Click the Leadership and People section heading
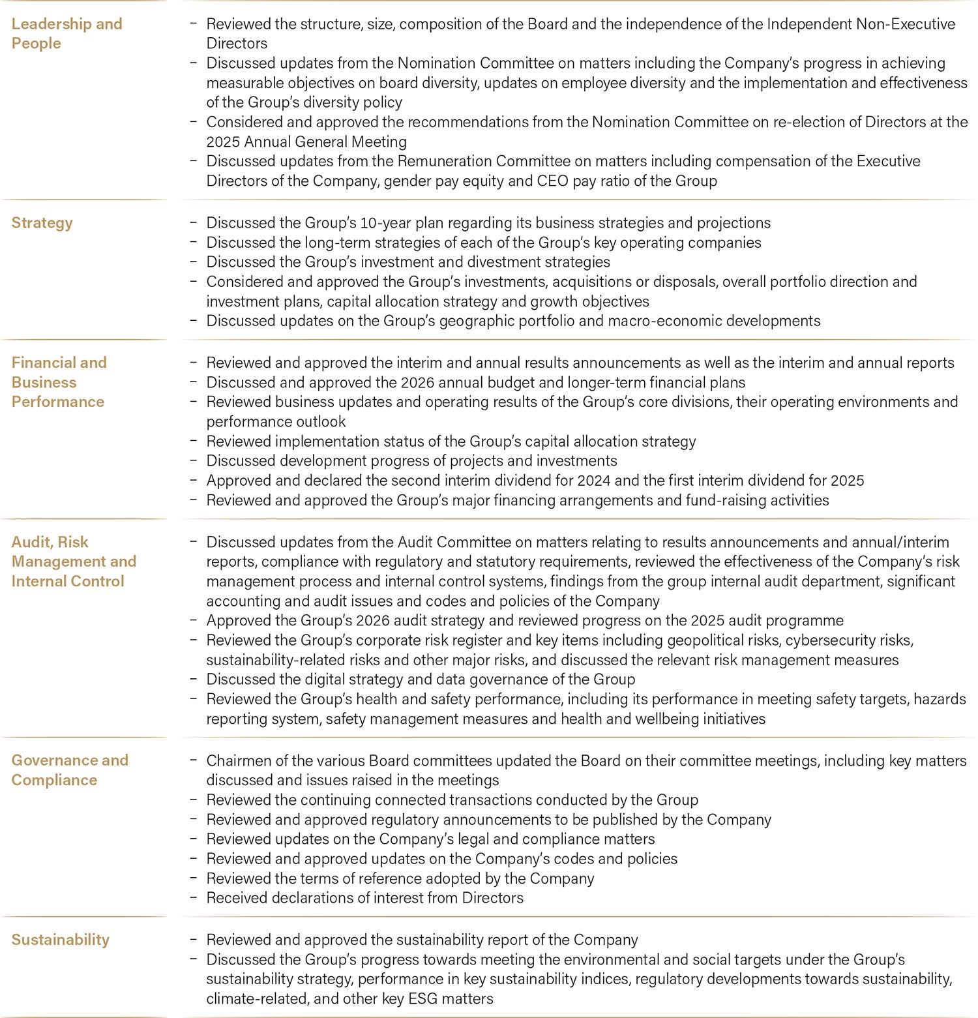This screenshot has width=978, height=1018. [x=67, y=33]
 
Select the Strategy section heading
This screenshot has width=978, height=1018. [x=42, y=222]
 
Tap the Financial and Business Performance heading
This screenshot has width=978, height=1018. [x=59, y=382]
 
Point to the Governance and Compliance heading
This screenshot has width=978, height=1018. [x=69, y=770]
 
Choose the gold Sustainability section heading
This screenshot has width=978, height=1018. [x=60, y=940]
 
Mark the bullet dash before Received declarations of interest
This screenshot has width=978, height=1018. [x=194, y=898]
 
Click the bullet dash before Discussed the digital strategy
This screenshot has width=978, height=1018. [x=194, y=680]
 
